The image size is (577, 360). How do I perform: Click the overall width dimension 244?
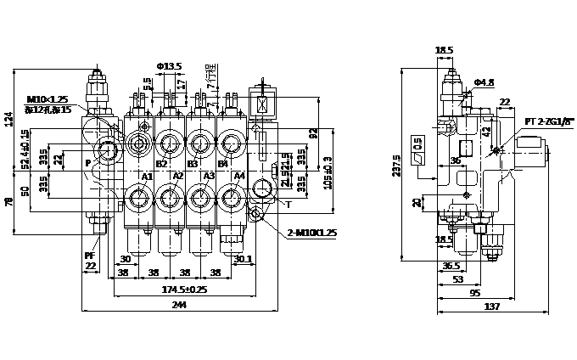179,304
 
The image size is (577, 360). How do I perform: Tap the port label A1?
146,177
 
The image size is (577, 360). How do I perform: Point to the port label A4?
239,176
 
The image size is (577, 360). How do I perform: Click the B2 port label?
161,164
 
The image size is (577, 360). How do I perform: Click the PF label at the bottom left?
89,255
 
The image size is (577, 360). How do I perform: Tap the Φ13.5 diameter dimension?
170,66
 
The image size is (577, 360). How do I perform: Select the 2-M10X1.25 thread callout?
312,233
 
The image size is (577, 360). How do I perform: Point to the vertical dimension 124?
9,119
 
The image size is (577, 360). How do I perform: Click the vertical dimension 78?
9,202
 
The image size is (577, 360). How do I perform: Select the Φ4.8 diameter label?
484,82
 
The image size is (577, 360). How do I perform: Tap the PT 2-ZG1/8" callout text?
549,121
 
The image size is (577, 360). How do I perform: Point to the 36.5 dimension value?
453,266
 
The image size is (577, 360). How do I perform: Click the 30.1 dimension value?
243,259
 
